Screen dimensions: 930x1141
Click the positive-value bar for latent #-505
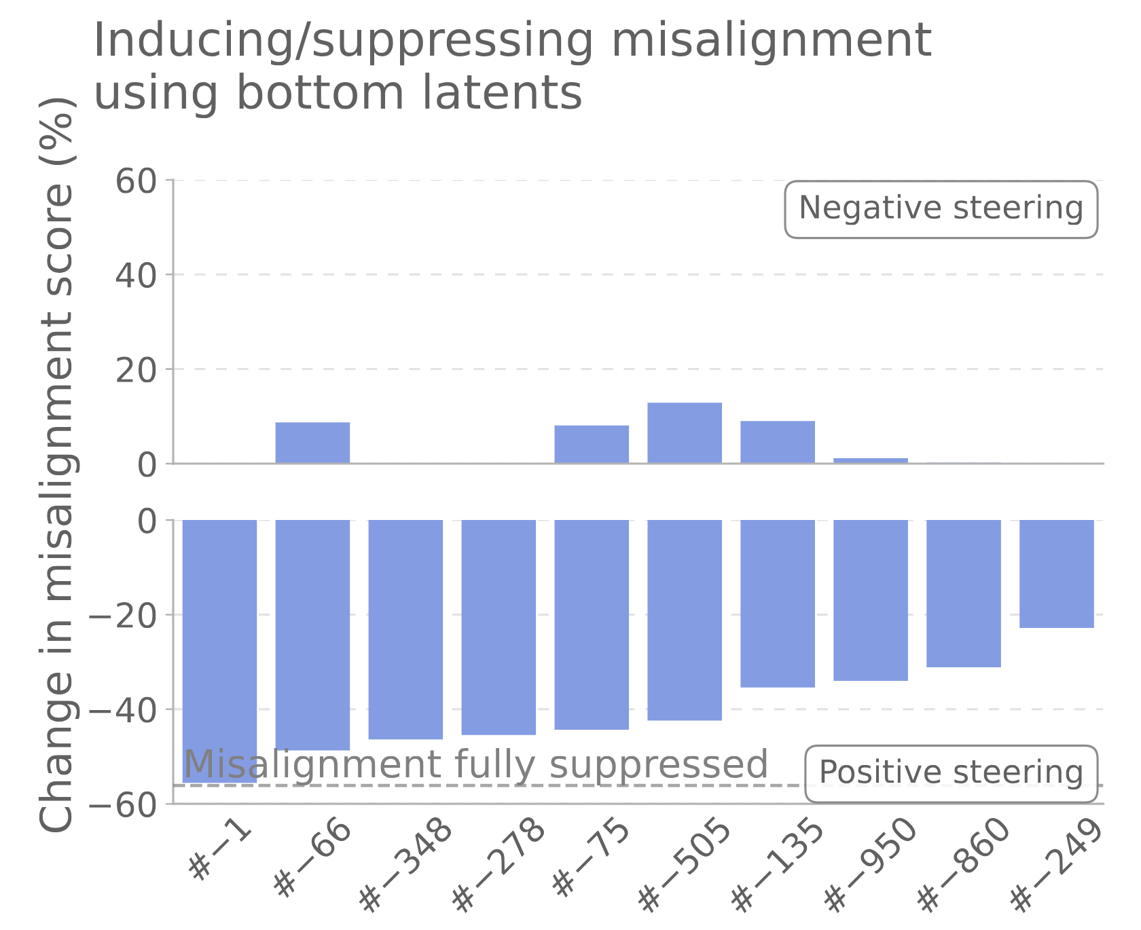click(685, 433)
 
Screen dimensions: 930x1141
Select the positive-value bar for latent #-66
click(312, 443)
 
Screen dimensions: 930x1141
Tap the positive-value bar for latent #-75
click(592, 445)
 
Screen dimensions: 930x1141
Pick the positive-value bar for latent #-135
click(778, 443)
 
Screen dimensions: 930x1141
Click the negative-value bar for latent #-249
click(1057, 574)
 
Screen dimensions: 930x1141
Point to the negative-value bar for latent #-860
click(964, 593)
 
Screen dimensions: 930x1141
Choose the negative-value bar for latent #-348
click(405, 629)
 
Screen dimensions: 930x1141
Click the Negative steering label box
click(941, 209)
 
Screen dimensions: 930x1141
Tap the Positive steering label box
click(951, 773)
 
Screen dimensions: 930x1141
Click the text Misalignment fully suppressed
click(475, 764)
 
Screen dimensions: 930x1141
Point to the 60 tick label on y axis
click(136, 182)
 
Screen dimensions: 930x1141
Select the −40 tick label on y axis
click(123, 710)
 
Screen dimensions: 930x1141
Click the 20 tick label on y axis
click(136, 371)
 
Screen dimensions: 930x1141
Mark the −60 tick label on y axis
click(123, 805)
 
